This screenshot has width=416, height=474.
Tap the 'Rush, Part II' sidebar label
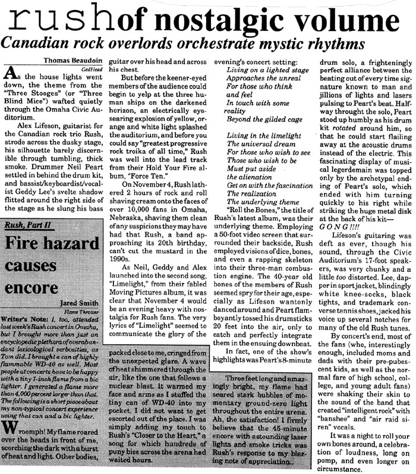click(27, 242)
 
